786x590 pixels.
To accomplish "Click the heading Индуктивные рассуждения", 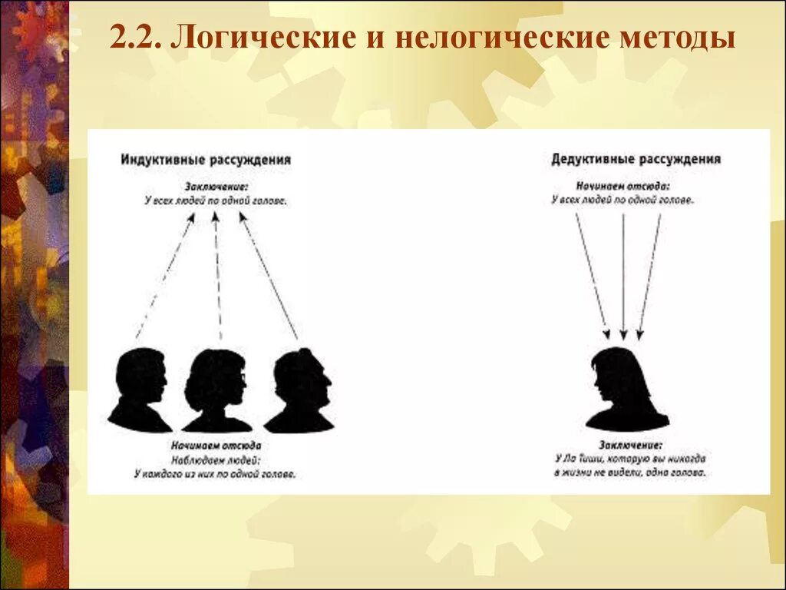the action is [x=206, y=160].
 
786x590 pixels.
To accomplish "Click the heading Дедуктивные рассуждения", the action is [x=636, y=160].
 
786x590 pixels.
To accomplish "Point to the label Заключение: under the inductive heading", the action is [x=216, y=187].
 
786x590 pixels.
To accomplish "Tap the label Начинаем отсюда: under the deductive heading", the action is [x=623, y=187].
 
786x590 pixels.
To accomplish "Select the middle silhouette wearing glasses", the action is [x=216, y=388].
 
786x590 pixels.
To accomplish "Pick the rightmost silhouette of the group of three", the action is [x=301, y=390].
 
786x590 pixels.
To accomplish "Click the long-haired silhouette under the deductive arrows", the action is [x=625, y=388].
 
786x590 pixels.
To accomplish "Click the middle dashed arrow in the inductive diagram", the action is [x=218, y=277].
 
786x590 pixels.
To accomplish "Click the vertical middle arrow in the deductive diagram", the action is [x=623, y=277].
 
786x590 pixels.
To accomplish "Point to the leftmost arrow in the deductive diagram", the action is [x=591, y=277].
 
